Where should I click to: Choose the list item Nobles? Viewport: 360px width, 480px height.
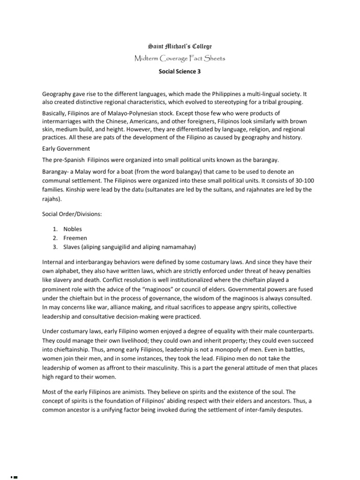pyautogui.click(x=73, y=229)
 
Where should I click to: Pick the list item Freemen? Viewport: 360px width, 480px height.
pyautogui.click(x=75, y=238)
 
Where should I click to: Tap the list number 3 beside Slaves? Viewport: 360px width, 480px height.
pyautogui.click(x=54, y=247)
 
